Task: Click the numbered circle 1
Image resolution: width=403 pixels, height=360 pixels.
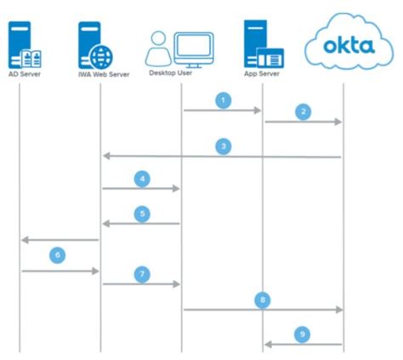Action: click(223, 100)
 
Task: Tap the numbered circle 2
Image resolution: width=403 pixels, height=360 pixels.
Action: click(304, 111)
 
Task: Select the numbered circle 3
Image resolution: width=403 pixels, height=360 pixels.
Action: click(223, 146)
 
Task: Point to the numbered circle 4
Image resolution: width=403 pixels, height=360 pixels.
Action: click(142, 179)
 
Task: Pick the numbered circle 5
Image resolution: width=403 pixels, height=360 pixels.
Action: click(142, 214)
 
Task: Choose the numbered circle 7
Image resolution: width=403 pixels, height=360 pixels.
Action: click(142, 273)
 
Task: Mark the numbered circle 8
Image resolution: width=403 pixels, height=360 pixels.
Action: click(263, 300)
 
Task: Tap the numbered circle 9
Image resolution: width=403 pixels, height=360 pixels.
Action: click(304, 334)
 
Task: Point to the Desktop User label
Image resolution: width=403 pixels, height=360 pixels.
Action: click(171, 73)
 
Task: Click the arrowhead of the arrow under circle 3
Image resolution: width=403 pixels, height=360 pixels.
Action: click(106, 156)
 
